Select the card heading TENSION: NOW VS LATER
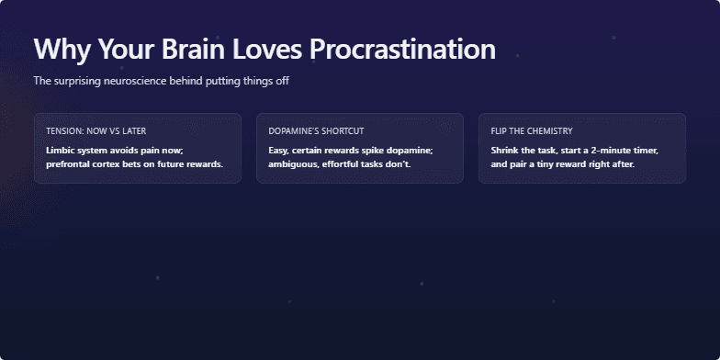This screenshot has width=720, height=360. [96, 131]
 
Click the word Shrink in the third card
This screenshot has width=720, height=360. [506, 150]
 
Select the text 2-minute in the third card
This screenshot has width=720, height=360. [606, 150]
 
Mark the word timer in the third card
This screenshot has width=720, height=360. [645, 150]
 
